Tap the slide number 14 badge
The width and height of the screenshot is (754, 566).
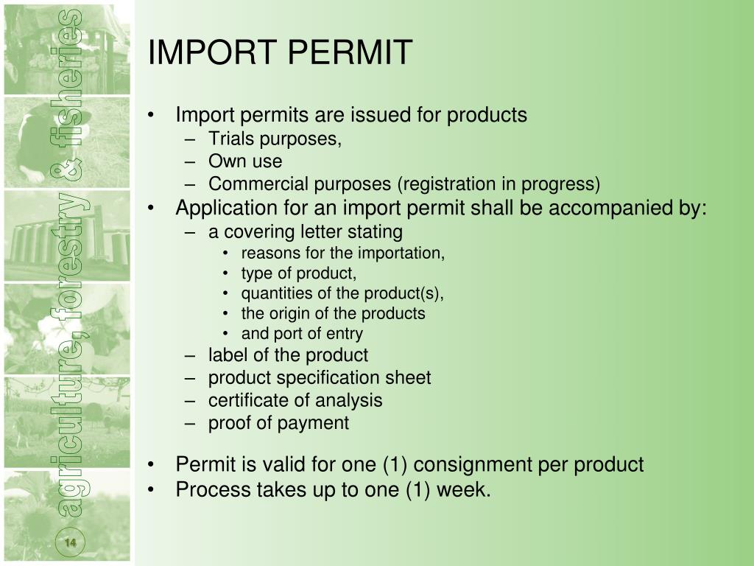[x=71, y=543]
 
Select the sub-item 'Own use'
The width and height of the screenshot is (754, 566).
[x=244, y=161]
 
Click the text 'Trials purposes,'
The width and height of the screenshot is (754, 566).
[x=275, y=139]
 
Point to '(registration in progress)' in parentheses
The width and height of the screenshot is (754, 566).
[x=498, y=184]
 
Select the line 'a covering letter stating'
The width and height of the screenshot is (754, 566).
[x=305, y=232]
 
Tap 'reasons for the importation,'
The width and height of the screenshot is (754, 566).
[x=343, y=254]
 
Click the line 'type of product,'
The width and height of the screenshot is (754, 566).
[x=298, y=273]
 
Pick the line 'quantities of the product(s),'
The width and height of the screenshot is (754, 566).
[x=342, y=293]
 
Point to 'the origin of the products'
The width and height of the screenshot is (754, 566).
[x=333, y=313]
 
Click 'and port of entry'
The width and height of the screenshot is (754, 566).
[x=302, y=333]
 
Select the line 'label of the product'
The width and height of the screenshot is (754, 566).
[x=288, y=355]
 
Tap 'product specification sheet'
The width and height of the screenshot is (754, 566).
[x=320, y=378]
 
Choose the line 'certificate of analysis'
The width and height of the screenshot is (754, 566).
[x=295, y=400]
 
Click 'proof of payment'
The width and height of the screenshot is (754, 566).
[x=278, y=423]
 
